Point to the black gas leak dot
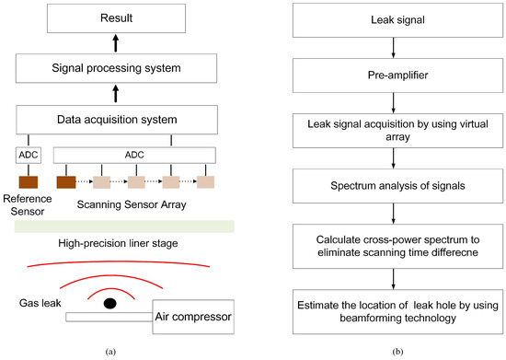[109, 303]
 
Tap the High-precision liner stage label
[117, 243]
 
